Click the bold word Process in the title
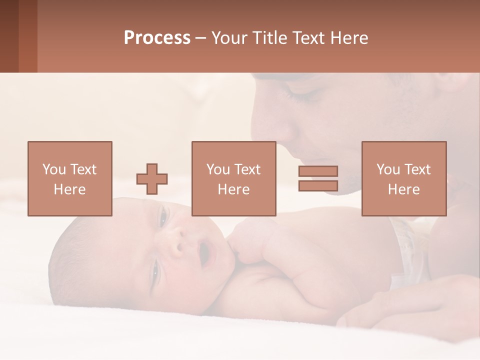(157, 38)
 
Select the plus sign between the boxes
(152, 178)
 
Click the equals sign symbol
(318, 178)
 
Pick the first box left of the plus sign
(69, 178)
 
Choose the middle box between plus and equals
(233, 178)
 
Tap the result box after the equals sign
(403, 178)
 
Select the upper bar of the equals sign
(318, 171)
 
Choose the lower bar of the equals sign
(318, 186)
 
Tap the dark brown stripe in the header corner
(9, 36)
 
